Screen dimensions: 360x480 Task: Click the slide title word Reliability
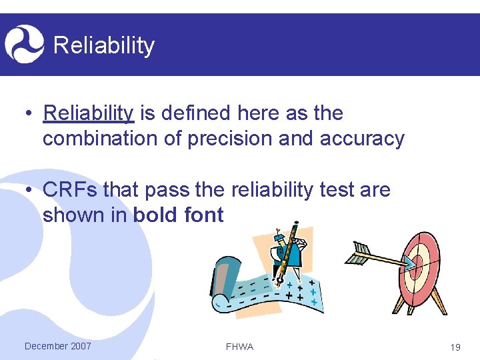pos(103,45)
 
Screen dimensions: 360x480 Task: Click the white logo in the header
pos(24,43)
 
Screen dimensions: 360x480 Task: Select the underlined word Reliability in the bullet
pos(88,113)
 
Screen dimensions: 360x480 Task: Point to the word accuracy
pos(362,139)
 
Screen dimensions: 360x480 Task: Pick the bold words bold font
pos(179,215)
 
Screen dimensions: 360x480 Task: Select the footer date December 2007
pos(57,346)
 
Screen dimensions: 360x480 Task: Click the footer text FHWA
pos(240,347)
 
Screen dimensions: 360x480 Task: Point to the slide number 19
pos(455,347)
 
